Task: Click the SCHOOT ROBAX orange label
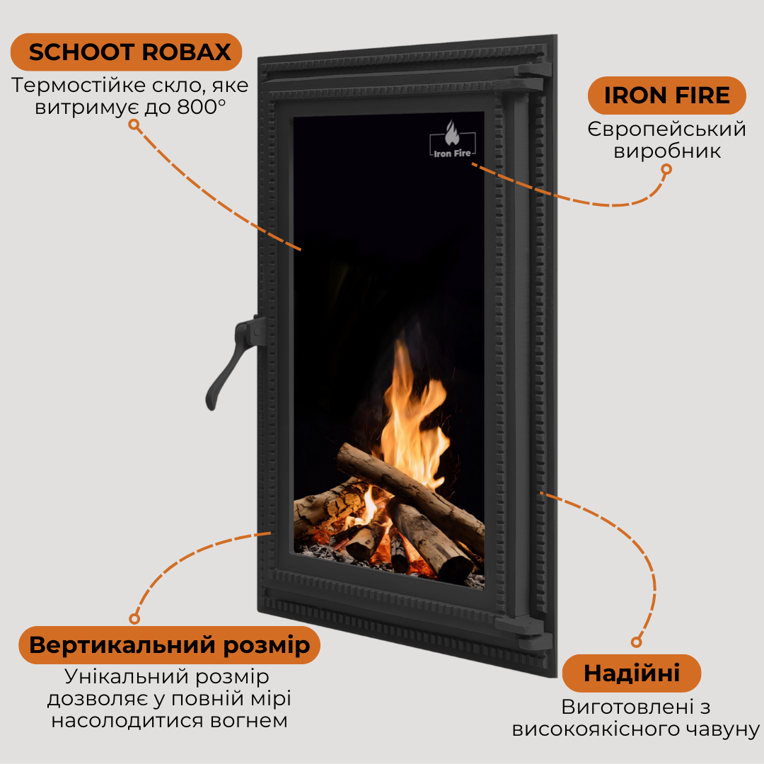pyautogui.click(x=126, y=52)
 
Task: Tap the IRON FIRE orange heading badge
pyautogui.click(x=666, y=95)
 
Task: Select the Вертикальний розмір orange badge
pyautogui.click(x=169, y=645)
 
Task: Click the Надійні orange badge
pyautogui.click(x=632, y=673)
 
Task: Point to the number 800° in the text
pyautogui.click(x=201, y=108)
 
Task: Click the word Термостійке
pyautogui.click(x=79, y=86)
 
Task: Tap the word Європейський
pyautogui.click(x=666, y=129)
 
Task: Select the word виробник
pyautogui.click(x=666, y=151)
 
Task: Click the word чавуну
pyautogui.click(x=722, y=729)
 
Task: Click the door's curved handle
pyautogui.click(x=234, y=361)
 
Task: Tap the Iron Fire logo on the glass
pyautogui.click(x=452, y=140)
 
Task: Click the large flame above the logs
pyautogui.click(x=414, y=414)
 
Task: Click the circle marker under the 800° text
pyautogui.click(x=134, y=125)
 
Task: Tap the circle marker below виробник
pyautogui.click(x=666, y=169)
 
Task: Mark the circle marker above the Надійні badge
pyautogui.click(x=636, y=642)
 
